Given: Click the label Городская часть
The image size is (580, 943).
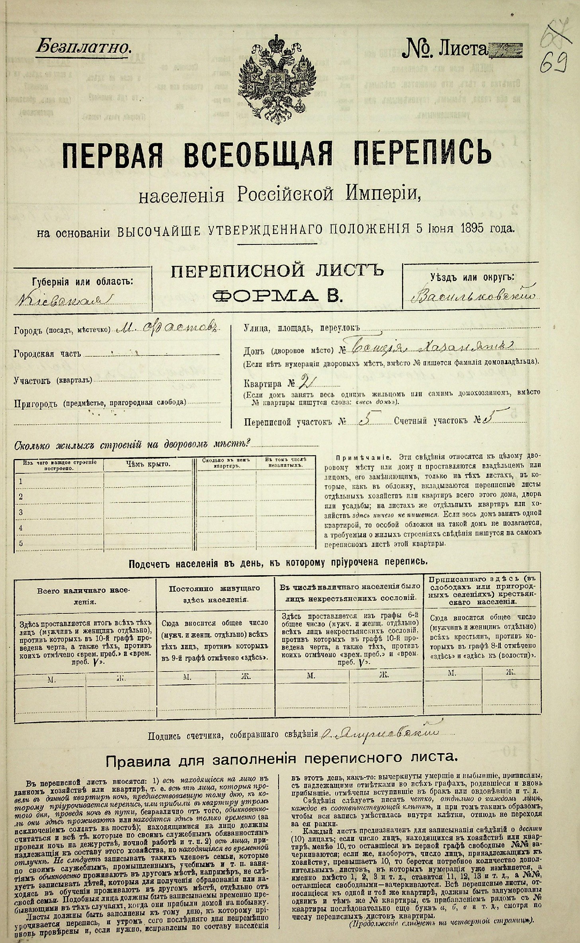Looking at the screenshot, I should point(47,354).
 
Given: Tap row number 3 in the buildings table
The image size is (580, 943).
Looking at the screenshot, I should point(21,512).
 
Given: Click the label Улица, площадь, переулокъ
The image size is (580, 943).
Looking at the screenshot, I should point(302,328).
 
